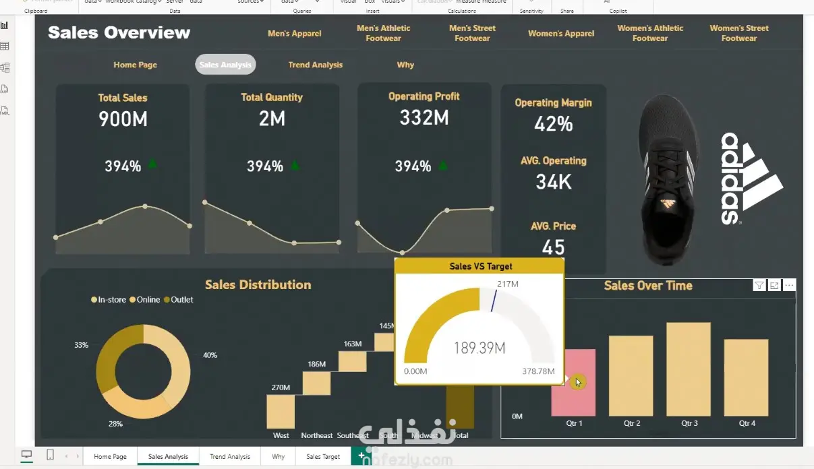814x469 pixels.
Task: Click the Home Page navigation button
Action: click(135, 65)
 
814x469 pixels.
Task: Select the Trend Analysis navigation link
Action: click(315, 65)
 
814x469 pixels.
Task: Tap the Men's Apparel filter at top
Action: click(294, 33)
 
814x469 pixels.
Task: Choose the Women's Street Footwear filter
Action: click(738, 33)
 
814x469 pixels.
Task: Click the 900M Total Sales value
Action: click(123, 119)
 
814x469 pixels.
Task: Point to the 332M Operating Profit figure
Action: click(424, 118)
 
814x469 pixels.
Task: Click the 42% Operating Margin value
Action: click(553, 124)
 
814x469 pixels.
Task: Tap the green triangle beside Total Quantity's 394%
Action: click(294, 163)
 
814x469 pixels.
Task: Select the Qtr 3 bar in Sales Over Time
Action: click(689, 369)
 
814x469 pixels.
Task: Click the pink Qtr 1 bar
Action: click(573, 382)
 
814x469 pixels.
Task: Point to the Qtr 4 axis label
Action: click(747, 424)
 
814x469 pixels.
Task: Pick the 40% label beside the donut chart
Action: click(210, 355)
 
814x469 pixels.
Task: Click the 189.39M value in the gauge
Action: click(479, 348)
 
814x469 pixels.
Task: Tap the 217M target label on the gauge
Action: click(507, 284)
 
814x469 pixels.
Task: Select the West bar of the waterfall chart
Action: click(281, 411)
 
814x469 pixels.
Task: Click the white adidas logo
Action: click(749, 178)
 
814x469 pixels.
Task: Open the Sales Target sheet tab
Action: click(323, 457)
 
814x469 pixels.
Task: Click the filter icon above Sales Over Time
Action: click(759, 286)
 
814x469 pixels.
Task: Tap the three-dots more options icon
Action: click(789, 286)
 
